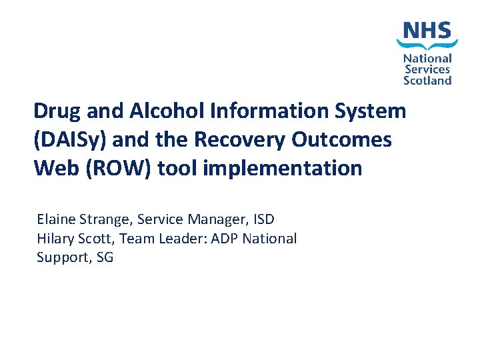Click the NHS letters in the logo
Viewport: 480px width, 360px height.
tap(427, 30)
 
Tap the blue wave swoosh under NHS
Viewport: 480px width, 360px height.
tap(427, 45)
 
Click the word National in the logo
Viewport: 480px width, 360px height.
tap(427, 59)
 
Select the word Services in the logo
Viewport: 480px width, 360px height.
tap(427, 69)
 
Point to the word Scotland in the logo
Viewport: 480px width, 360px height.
tap(427, 80)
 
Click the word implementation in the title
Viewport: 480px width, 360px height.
tap(282, 168)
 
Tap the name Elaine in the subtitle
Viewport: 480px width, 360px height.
tap(57, 219)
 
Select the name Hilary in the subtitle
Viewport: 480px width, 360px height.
tap(55, 239)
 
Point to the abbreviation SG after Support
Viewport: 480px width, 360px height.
tap(105, 257)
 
